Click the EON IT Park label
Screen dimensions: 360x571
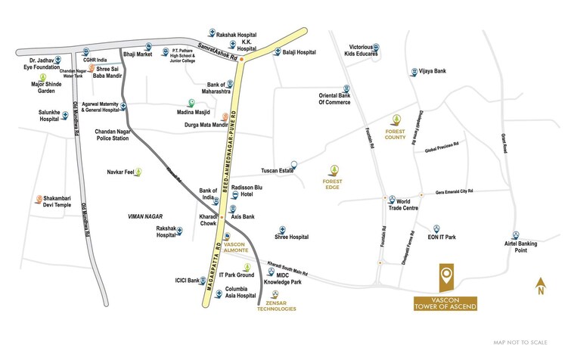(441, 237)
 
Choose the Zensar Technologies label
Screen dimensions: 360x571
(276, 305)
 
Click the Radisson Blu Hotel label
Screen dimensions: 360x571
(255, 194)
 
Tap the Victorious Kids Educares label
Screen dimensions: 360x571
(365, 51)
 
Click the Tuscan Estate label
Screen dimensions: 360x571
(276, 170)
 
